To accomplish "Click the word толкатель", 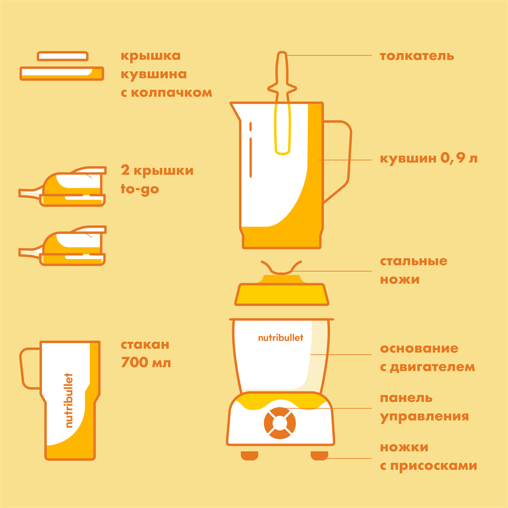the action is click(x=417, y=56).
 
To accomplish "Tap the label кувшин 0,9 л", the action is click(x=429, y=158).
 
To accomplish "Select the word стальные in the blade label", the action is click(x=414, y=261).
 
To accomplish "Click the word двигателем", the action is click(x=432, y=367).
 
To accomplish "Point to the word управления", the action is click(x=424, y=417).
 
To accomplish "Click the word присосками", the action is click(x=433, y=466).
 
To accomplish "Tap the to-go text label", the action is click(x=140, y=189).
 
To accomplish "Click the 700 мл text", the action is click(x=146, y=363).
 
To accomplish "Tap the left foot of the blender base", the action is click(x=249, y=456).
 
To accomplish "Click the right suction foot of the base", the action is click(x=320, y=456).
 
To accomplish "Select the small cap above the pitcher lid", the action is click(x=62, y=56).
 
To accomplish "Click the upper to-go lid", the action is click(x=62, y=186).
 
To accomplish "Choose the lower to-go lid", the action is click(x=62, y=246).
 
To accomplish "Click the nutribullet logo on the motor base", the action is click(x=280, y=338).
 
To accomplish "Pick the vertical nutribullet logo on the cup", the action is click(x=69, y=400).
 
